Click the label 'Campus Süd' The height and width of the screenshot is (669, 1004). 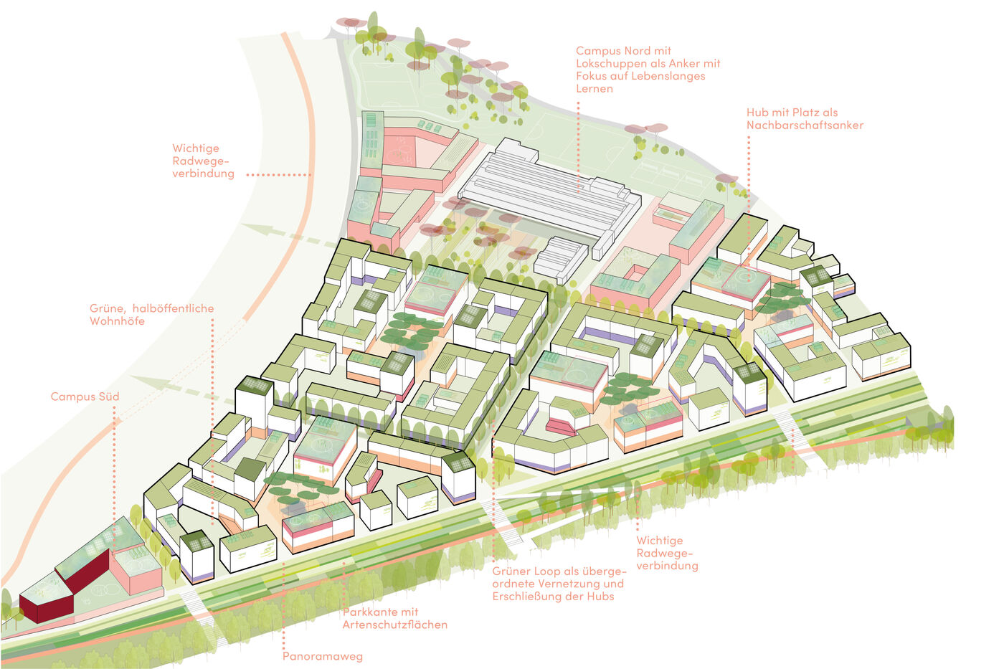click(85, 397)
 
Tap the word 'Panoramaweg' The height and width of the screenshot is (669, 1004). click(322, 656)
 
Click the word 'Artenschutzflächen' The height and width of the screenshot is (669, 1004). click(394, 625)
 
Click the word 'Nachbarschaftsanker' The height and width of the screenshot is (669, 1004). click(805, 125)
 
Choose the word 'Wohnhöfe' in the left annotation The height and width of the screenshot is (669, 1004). click(117, 321)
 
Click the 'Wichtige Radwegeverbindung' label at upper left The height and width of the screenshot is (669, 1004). click(203, 161)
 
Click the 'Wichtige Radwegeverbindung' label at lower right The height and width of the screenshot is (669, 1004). click(667, 553)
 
